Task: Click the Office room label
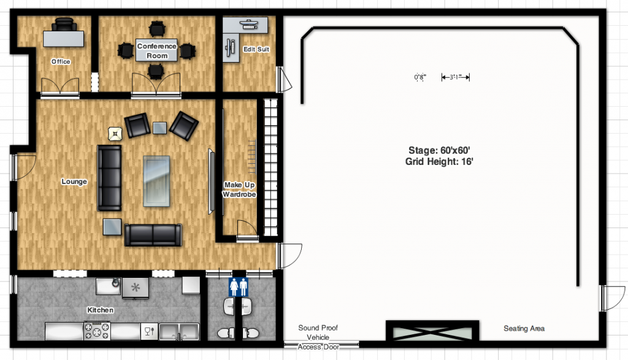61,61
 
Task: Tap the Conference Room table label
156,50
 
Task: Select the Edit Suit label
256,49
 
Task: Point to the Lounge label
74,182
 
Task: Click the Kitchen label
100,310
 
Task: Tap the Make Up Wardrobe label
239,190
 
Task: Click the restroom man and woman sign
239,287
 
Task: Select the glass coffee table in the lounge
156,181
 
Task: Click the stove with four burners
97,331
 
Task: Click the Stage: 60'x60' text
439,150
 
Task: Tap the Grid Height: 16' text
439,161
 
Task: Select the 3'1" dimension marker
456,77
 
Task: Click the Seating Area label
524,328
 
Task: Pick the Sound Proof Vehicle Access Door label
318,337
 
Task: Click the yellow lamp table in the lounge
115,134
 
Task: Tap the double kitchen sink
179,332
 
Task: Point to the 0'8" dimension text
420,77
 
